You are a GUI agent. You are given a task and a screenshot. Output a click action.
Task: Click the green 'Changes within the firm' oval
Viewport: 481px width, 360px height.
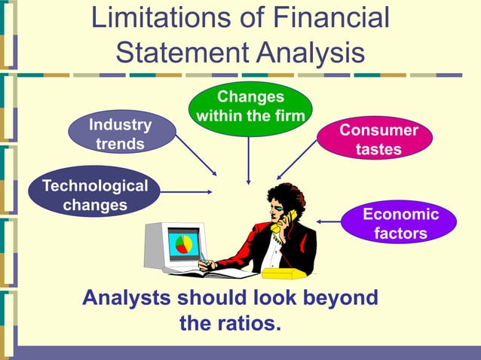pos(249,108)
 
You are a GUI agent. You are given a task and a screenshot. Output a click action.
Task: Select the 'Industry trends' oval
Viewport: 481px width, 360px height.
pos(121,133)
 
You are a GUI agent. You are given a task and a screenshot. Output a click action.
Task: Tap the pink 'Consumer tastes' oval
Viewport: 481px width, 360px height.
pos(378,140)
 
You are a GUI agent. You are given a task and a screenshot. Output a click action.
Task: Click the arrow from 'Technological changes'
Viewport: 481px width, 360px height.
pos(186,192)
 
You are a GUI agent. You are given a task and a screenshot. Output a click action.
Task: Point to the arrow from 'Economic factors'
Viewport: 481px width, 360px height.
pos(329,221)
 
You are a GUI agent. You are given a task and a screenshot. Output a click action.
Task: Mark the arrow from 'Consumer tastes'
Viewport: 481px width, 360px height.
pos(299,159)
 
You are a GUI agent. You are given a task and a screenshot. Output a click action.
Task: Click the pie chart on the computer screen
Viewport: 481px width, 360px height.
pos(183,244)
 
